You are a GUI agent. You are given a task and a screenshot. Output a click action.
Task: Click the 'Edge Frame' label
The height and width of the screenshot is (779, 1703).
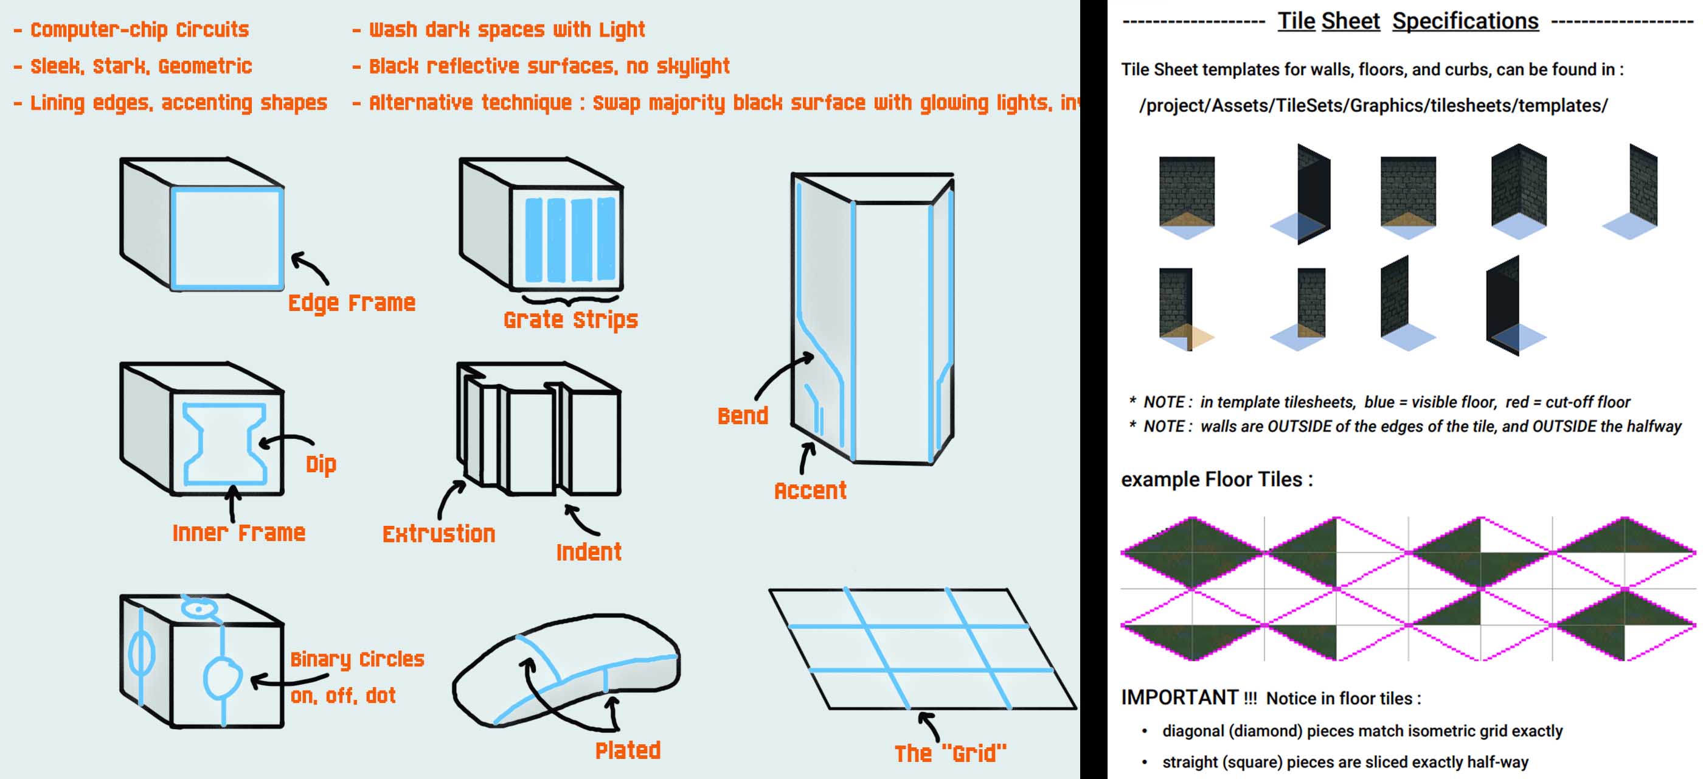click(x=352, y=303)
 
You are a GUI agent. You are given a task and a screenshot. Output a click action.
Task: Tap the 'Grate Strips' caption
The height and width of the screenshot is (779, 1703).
click(x=571, y=320)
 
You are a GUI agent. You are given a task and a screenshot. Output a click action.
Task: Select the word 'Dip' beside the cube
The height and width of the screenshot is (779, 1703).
click(x=321, y=464)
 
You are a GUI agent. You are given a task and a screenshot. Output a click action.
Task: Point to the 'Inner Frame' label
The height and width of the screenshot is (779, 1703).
click(x=238, y=533)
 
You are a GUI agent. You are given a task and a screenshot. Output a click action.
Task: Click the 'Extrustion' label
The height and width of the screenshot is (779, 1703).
click(x=439, y=534)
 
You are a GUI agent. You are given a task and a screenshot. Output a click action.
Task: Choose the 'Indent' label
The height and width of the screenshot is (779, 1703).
click(x=588, y=552)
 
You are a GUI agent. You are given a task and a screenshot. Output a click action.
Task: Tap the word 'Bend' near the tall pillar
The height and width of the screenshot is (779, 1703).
click(x=743, y=416)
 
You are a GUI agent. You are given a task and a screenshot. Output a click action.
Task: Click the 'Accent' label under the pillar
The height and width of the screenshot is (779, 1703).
click(x=810, y=491)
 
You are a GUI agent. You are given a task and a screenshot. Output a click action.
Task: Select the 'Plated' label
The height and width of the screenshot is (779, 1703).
click(x=628, y=750)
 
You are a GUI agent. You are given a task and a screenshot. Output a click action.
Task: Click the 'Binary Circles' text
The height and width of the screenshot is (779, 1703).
click(x=357, y=659)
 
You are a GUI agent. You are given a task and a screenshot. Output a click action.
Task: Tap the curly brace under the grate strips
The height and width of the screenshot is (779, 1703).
click(x=571, y=298)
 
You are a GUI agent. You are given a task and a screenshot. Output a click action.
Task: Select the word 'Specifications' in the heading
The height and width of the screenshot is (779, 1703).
click(x=1465, y=21)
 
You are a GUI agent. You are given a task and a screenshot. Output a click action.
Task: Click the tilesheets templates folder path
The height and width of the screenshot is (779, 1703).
click(x=1373, y=106)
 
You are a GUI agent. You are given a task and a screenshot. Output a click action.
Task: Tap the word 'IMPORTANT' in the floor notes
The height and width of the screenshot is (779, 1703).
click(x=1179, y=697)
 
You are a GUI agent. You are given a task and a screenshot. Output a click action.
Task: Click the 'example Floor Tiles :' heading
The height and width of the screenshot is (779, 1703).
click(x=1216, y=480)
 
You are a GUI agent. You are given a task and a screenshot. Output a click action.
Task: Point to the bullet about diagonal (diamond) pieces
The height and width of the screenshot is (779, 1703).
click(x=1362, y=732)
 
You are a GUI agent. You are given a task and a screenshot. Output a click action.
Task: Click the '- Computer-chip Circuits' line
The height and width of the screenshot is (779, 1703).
click(x=131, y=30)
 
